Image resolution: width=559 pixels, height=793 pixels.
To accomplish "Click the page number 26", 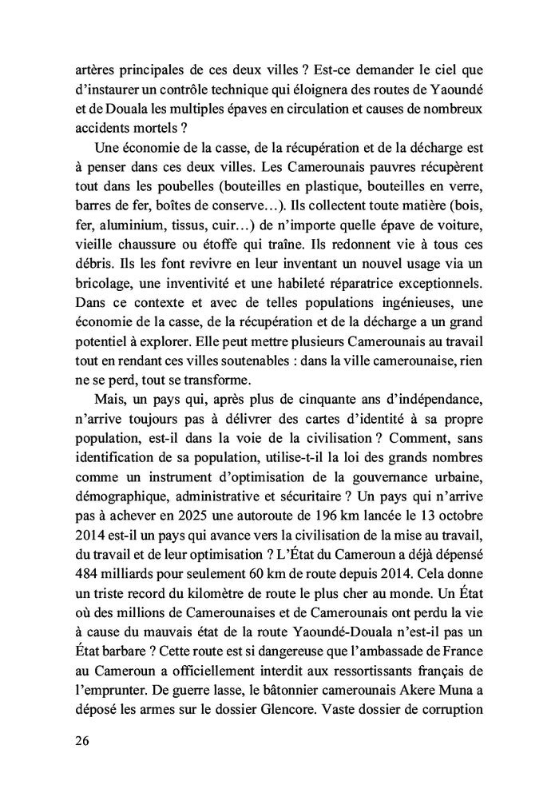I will point(79,740).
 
